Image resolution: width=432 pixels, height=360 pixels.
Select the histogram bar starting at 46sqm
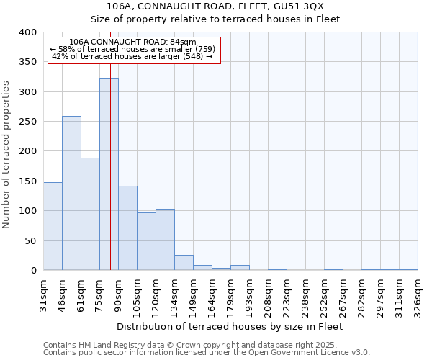[71, 193]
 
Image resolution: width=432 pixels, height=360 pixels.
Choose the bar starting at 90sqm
[127, 228]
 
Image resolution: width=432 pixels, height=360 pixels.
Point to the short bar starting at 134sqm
[184, 263]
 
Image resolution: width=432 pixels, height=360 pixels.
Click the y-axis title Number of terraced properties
[6, 154]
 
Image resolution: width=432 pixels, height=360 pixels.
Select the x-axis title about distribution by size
[230, 326]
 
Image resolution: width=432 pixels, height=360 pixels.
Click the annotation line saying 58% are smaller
[132, 49]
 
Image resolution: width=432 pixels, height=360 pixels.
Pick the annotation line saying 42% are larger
[132, 56]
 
